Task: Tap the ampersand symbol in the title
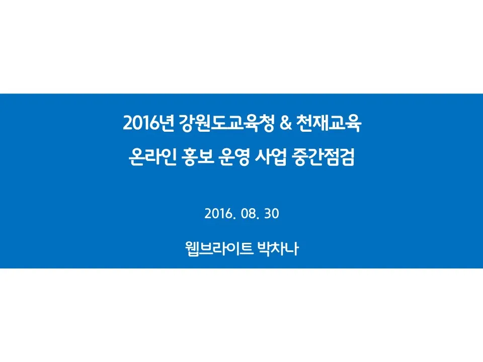point(286,123)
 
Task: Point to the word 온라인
point(152,157)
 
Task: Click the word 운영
point(234,157)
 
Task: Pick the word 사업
point(271,157)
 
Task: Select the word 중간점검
point(324,157)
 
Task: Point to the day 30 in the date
point(272,214)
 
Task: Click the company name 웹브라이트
point(219,249)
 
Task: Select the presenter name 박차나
point(278,249)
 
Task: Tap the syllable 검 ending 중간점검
point(347,157)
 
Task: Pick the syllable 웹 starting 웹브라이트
point(192,249)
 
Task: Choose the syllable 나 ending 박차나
point(292,249)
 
